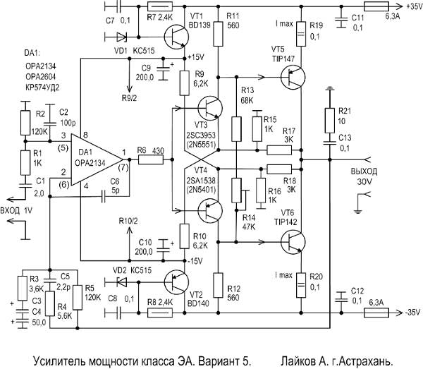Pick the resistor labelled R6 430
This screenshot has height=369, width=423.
[149, 160]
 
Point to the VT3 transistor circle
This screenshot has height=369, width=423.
[209, 109]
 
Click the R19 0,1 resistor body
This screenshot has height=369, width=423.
[300, 32]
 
